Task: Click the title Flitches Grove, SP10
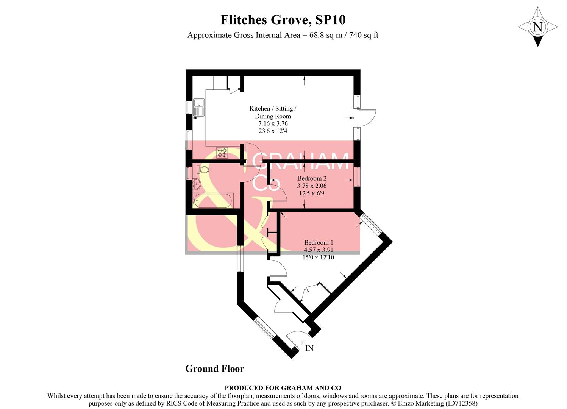283,20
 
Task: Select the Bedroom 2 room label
312,178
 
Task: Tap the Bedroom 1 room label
319,242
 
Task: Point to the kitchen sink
198,107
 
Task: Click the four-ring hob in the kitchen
222,153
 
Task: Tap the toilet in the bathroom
202,170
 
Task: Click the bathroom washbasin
197,184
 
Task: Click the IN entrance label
309,348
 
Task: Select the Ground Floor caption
214,368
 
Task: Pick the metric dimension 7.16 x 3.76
273,123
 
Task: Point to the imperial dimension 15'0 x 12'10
318,258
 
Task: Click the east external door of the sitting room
366,118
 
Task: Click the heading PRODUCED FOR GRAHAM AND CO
283,388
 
